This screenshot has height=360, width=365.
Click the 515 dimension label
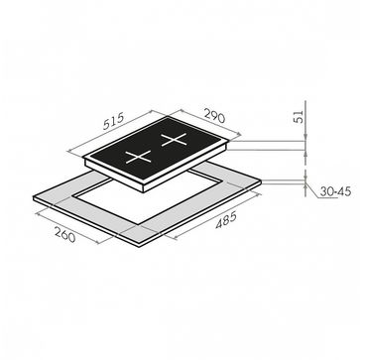click(x=113, y=121)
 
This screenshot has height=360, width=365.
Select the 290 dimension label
click(x=214, y=116)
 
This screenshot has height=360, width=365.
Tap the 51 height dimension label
click(x=299, y=116)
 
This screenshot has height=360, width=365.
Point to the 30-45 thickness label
click(x=335, y=191)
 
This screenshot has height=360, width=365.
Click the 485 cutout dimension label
click(x=226, y=220)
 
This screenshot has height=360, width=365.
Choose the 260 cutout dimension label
click(x=65, y=235)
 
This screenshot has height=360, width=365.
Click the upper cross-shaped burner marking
click(x=174, y=140)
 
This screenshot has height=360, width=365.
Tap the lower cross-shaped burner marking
click(x=138, y=157)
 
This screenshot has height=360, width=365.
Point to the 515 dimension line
click(x=110, y=131)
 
